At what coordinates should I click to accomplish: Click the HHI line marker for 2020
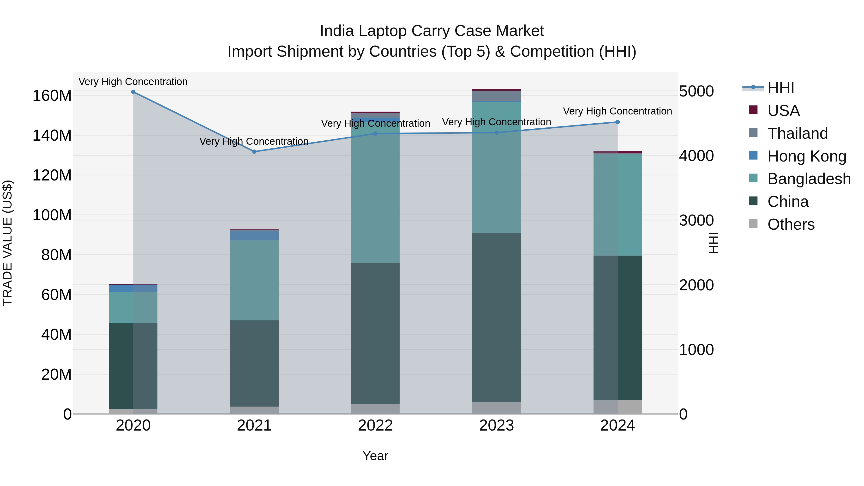click(x=133, y=92)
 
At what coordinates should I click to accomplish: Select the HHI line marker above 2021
click(x=254, y=152)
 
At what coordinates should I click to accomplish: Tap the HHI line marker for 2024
click(x=618, y=122)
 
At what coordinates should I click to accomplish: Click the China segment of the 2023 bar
click(x=496, y=317)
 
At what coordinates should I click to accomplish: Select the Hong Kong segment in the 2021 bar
click(x=254, y=235)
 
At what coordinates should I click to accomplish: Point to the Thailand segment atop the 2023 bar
click(x=496, y=96)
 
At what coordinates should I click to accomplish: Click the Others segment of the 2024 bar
click(x=618, y=407)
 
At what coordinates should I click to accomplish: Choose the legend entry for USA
click(x=783, y=111)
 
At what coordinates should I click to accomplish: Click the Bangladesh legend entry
click(x=809, y=179)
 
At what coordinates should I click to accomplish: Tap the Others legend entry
click(x=791, y=224)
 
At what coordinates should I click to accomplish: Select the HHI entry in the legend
click(x=780, y=88)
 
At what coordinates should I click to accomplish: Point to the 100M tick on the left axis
click(x=52, y=215)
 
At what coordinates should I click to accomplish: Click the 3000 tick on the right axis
click(x=696, y=220)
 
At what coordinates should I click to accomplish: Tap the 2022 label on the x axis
click(x=375, y=426)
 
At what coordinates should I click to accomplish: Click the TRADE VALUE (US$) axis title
click(x=7, y=243)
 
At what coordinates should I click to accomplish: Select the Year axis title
click(x=375, y=456)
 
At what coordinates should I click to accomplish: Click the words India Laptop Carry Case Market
click(x=432, y=31)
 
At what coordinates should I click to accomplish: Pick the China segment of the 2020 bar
click(x=133, y=366)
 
